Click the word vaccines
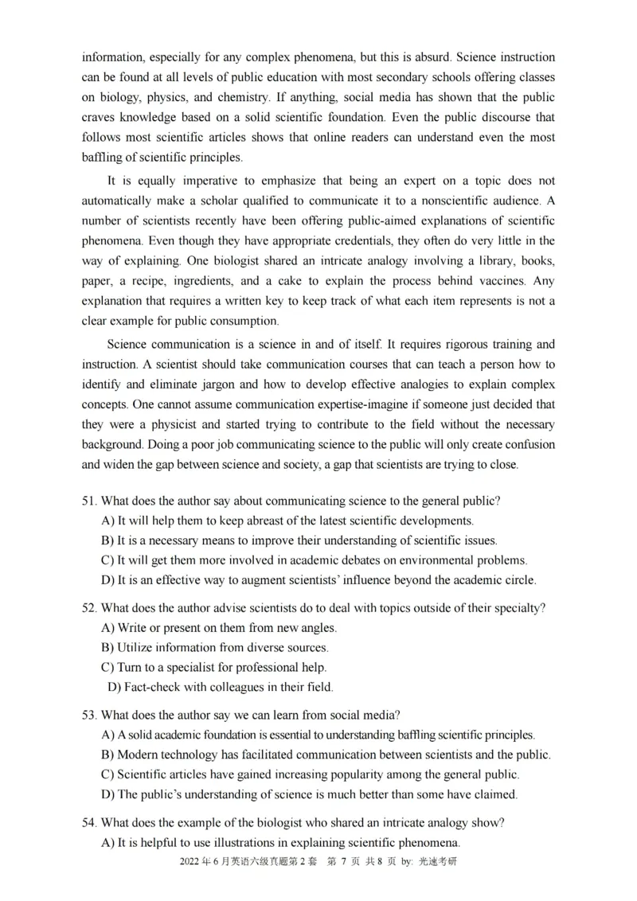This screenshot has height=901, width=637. pyautogui.click(x=501, y=281)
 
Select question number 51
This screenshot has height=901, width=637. pyautogui.click(x=89, y=501)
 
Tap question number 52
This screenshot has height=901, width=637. pyautogui.click(x=89, y=608)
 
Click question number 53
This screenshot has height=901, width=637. pyautogui.click(x=89, y=715)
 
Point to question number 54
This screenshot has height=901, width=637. pyautogui.click(x=89, y=821)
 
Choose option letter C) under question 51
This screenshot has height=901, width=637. pyautogui.click(x=108, y=560)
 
